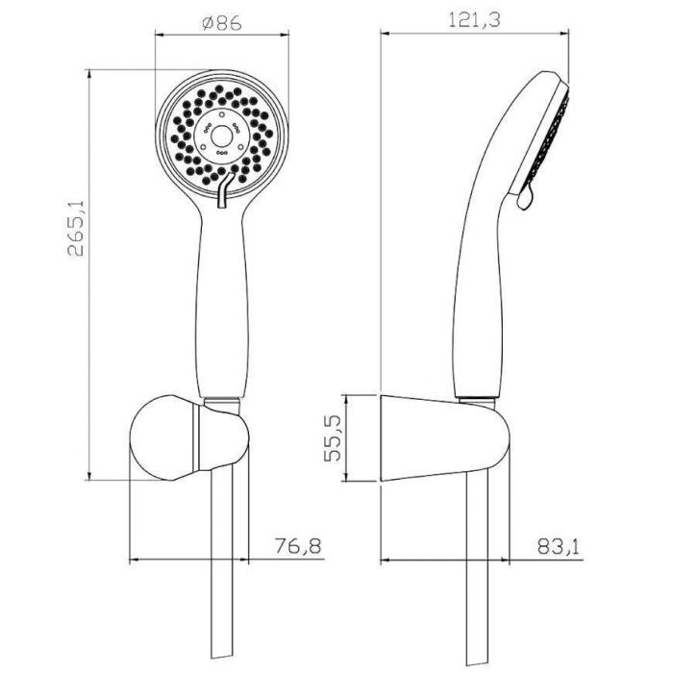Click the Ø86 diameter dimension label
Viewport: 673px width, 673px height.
pyautogui.click(x=222, y=23)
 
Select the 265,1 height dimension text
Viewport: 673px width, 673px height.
pyautogui.click(x=76, y=229)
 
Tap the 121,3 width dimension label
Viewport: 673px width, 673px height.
pyautogui.click(x=474, y=20)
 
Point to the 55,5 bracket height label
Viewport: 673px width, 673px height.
pyautogui.click(x=333, y=438)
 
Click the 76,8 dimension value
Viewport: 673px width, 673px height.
pyautogui.click(x=298, y=546)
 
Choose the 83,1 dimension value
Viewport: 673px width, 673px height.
pyautogui.click(x=558, y=547)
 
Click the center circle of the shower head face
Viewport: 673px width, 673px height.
pyautogui.click(x=222, y=137)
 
